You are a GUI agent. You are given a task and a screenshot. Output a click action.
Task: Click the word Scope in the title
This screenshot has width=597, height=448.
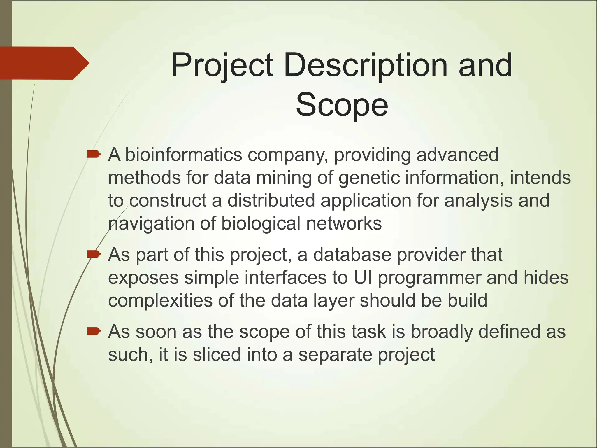pyautogui.click(x=342, y=104)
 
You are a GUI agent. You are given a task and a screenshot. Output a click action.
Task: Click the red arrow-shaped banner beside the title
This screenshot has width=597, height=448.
pyautogui.click(x=44, y=63)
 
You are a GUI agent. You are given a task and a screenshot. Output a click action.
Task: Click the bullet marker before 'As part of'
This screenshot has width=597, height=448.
pyautogui.click(x=94, y=254)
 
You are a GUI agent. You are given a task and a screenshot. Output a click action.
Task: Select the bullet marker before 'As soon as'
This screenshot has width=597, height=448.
pyautogui.click(x=94, y=331)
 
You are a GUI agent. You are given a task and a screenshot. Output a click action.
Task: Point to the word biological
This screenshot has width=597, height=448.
pyautogui.click(x=261, y=223)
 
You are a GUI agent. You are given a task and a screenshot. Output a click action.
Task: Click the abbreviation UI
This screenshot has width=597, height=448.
pyautogui.click(x=363, y=277)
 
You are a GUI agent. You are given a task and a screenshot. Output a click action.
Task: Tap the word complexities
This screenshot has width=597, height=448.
pyautogui.click(x=160, y=300)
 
